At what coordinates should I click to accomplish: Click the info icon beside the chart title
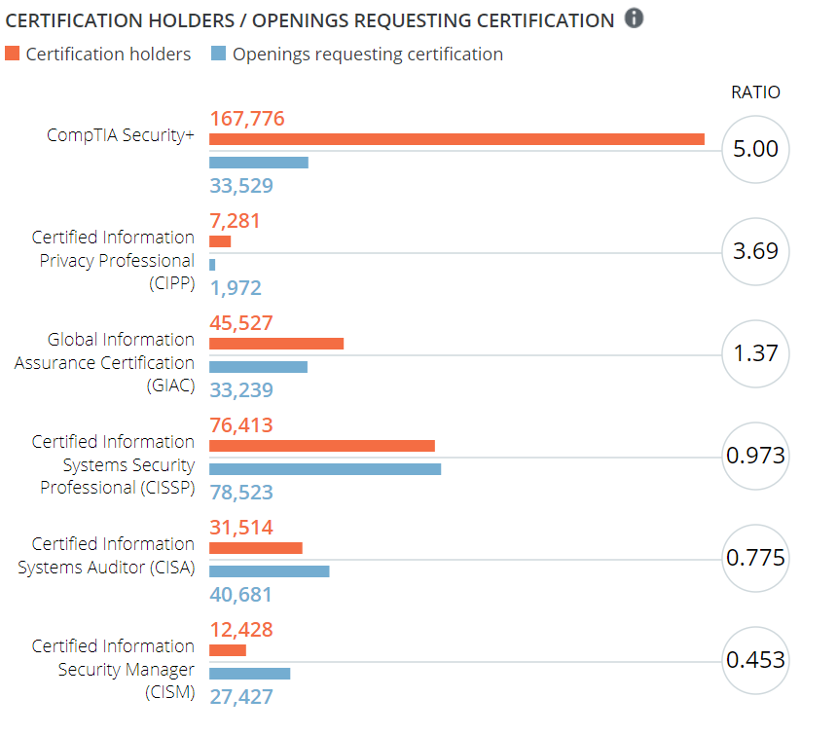coord(634,18)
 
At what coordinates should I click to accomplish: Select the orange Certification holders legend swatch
coord(12,54)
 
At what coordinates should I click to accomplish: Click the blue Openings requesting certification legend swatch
coord(218,54)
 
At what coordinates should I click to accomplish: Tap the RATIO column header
coord(755,92)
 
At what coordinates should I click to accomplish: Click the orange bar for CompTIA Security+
coord(456,139)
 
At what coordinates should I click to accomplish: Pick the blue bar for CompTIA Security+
coord(259,163)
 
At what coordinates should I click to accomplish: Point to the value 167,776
coord(247,119)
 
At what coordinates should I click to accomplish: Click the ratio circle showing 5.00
coord(755,149)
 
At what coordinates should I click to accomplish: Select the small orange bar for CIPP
coord(220,241)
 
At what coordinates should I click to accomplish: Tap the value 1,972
coord(236,288)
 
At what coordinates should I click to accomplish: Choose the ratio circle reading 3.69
coord(755,251)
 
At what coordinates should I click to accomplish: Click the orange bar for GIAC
coord(276,344)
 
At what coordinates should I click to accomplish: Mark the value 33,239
coord(241,390)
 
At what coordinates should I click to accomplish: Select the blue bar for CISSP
coord(325,469)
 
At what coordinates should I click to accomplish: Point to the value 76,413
coord(241,425)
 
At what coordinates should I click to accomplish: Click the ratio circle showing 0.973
coord(755,456)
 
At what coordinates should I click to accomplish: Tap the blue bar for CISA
coord(270,571)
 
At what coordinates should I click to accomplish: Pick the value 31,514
coord(241,528)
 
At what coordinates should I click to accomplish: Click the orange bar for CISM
coord(228,650)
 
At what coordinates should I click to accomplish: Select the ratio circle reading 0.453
coord(755,660)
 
